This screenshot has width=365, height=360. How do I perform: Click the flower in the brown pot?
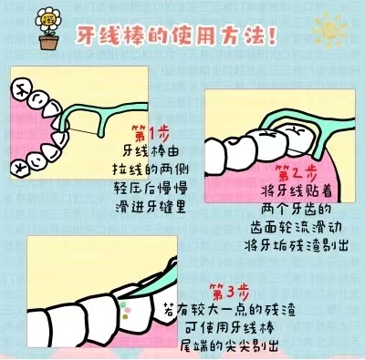[48, 20]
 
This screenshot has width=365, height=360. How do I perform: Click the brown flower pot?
[48, 42]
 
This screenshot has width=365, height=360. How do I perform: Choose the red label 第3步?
[229, 292]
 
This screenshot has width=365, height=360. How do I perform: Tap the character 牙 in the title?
[87, 36]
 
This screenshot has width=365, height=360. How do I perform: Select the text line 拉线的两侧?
[151, 170]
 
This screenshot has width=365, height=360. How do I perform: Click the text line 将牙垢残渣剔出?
[297, 245]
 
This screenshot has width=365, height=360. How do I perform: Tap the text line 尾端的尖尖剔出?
[229, 345]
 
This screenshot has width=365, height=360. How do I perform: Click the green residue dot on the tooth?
[123, 303]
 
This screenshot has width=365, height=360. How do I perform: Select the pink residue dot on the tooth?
[128, 310]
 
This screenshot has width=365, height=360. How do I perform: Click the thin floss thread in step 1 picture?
[83, 131]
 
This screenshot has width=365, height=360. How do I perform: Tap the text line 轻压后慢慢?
[151, 188]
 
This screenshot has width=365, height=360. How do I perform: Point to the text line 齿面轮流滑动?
[296, 227]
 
